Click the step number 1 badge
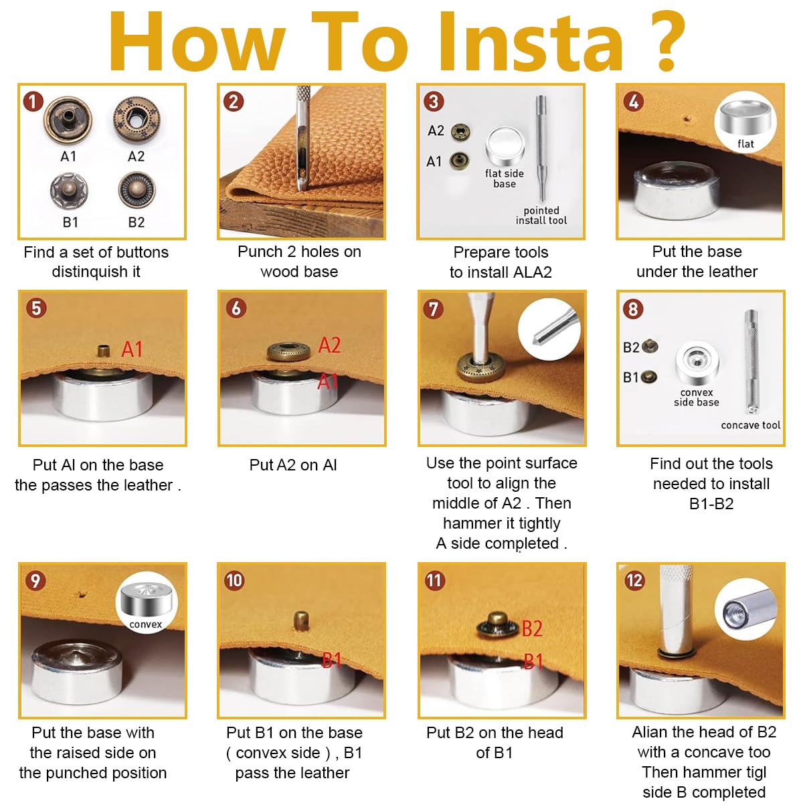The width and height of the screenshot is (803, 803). click(x=33, y=102)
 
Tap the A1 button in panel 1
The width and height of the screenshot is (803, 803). click(x=68, y=120)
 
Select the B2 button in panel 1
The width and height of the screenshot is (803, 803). click(x=137, y=189)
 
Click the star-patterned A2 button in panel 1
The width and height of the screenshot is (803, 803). click(x=137, y=120)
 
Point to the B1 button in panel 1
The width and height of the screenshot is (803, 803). click(x=69, y=191)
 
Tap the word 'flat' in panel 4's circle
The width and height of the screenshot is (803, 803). click(x=745, y=144)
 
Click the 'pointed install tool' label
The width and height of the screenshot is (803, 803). click(x=541, y=215)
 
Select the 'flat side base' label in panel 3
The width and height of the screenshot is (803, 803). click(x=505, y=179)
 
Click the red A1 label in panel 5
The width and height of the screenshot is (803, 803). click(x=132, y=349)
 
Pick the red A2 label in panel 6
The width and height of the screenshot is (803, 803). click(x=330, y=345)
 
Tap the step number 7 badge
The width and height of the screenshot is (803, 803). click(x=434, y=309)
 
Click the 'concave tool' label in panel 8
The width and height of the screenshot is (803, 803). click(x=751, y=425)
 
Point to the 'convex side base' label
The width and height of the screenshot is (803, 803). click(x=697, y=397)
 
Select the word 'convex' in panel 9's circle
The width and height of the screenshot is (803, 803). click(x=145, y=624)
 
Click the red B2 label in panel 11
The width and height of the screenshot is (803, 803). click(x=532, y=628)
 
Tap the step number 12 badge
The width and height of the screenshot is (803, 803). click(x=634, y=580)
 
